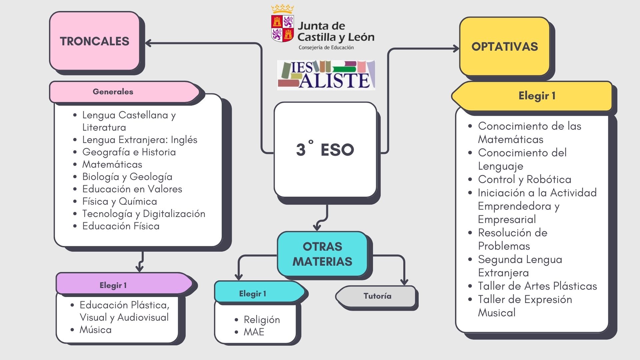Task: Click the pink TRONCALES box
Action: click(95, 41)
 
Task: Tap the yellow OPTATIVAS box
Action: click(504, 47)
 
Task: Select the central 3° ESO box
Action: click(325, 150)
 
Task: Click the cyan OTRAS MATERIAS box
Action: click(322, 254)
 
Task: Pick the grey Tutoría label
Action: click(377, 296)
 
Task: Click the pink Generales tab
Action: click(113, 92)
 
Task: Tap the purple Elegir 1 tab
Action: click(113, 285)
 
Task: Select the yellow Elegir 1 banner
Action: click(537, 96)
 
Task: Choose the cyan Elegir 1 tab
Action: click(252, 294)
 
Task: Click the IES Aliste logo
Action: click(326, 75)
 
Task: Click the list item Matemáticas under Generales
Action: click(112, 164)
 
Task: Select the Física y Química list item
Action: click(119, 201)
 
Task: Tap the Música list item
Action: click(95, 330)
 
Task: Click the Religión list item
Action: click(262, 320)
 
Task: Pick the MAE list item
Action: click(254, 332)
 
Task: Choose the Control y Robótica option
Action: click(524, 179)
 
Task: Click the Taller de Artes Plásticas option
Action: click(537, 286)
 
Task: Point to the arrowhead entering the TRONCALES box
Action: click(148, 43)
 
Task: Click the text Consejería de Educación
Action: click(326, 48)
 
